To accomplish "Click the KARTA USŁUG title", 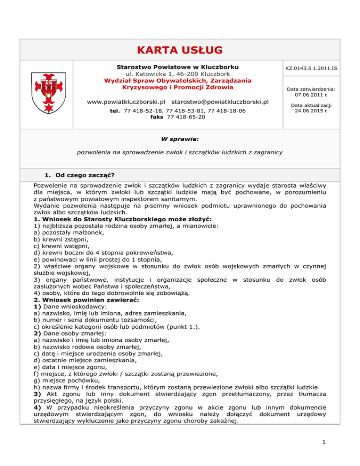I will click(x=180, y=50).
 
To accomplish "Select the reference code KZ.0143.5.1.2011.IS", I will click(x=312, y=68).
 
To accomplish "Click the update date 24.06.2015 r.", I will click(x=312, y=124).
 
